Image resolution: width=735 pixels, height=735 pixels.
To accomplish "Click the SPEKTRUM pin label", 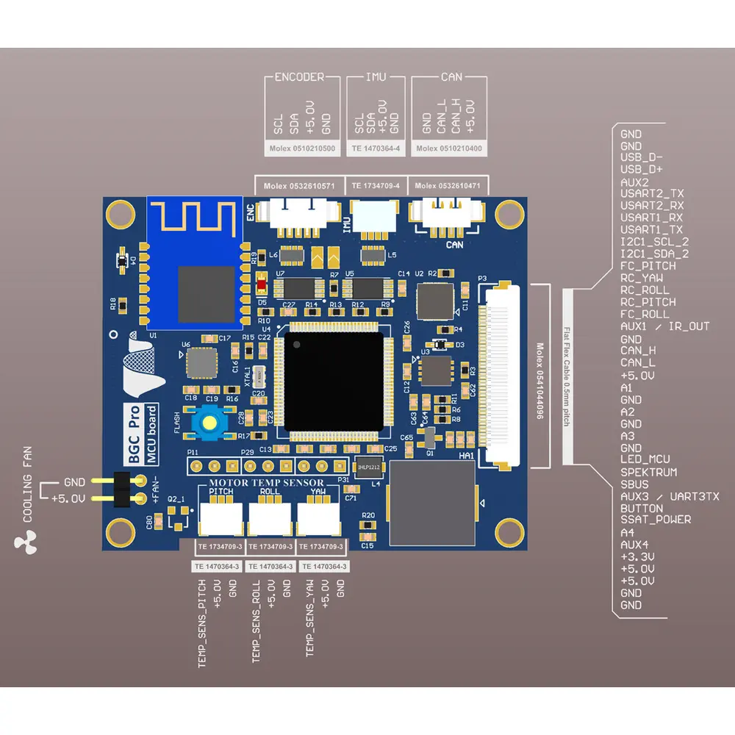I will pos(649,472).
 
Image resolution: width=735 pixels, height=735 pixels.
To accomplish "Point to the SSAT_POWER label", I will pos(656,520).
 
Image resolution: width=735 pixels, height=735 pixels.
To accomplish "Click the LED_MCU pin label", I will pos(645,460).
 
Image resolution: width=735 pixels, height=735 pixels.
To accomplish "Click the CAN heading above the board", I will pos(451,77).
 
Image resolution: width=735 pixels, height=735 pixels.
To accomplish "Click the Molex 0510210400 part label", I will pos(448,148).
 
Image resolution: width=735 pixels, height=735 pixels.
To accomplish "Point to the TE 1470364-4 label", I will pos(376,148).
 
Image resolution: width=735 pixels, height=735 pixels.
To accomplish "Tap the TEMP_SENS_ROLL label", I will pos(257,622).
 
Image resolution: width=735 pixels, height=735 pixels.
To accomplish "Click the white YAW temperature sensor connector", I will pos(318,517).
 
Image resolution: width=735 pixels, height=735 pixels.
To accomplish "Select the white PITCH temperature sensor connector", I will pos(220,517).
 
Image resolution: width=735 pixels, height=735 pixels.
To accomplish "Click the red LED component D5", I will pos(262,283).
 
